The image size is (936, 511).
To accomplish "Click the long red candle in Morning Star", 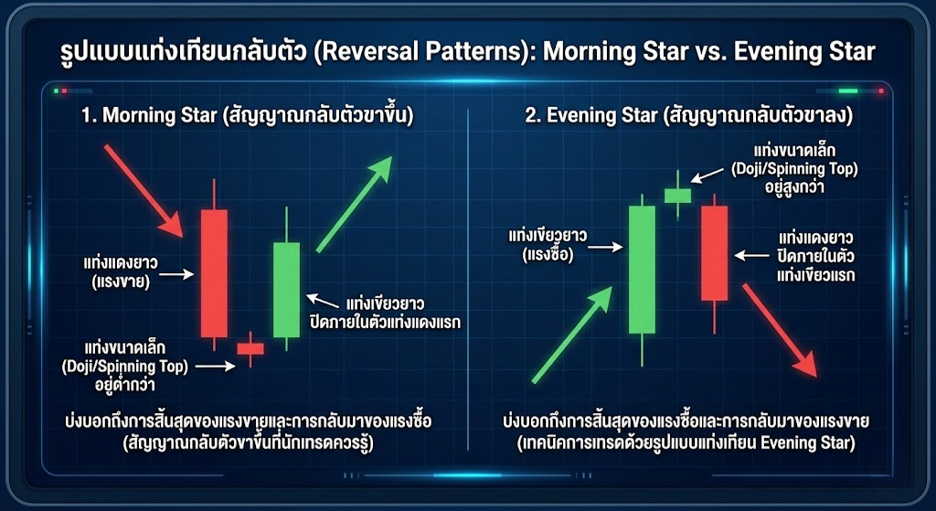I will pyautogui.click(x=214, y=272).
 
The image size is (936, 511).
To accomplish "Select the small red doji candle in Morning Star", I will pyautogui.click(x=250, y=348).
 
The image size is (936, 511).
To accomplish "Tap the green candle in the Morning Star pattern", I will pyautogui.click(x=286, y=290).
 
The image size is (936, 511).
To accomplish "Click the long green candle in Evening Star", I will pyautogui.click(x=642, y=270).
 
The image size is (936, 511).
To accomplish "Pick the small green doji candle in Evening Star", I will pyautogui.click(x=677, y=195).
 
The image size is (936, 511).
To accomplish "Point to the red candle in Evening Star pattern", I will pyautogui.click(x=714, y=252).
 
